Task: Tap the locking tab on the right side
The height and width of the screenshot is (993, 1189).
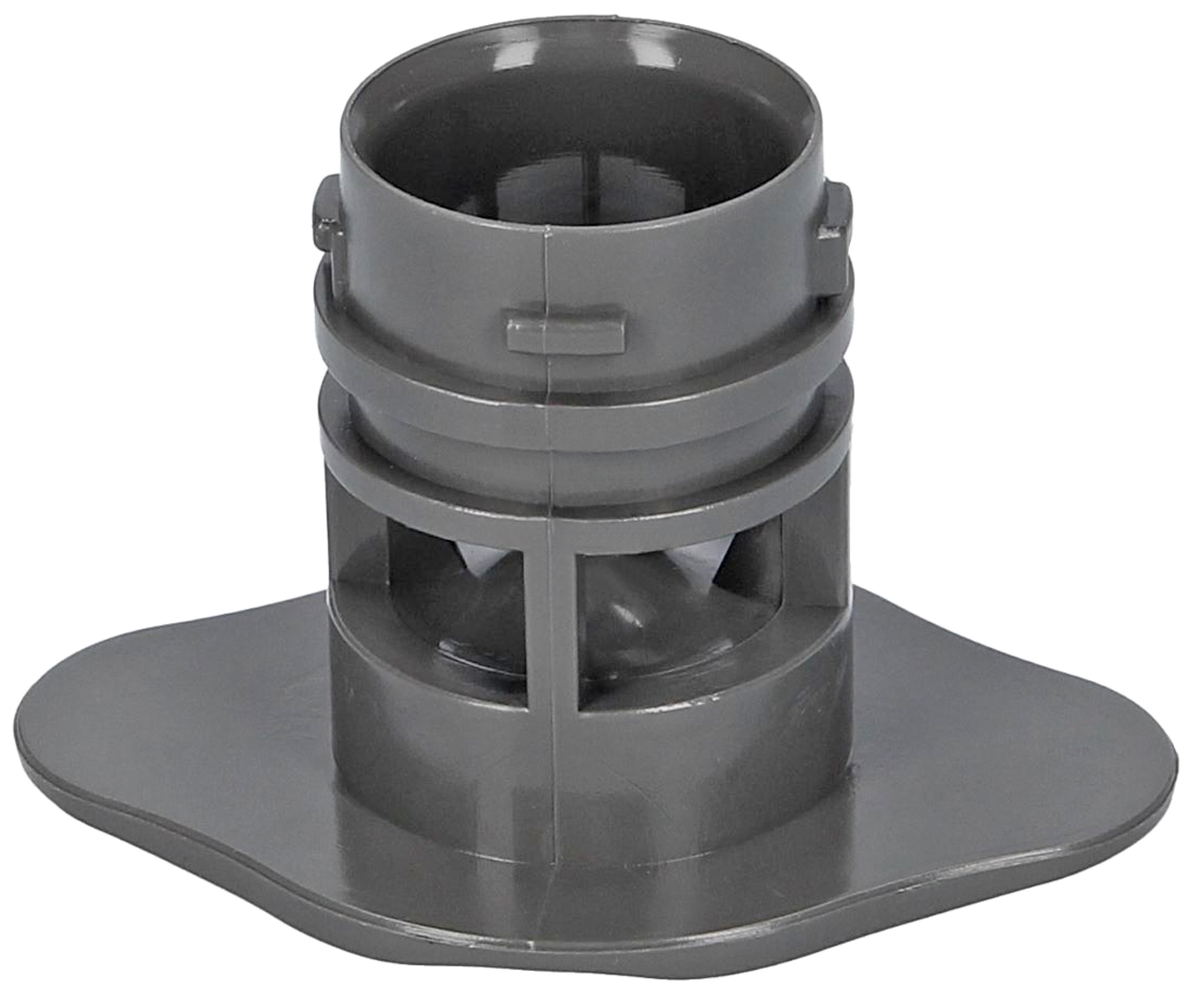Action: tap(835, 216)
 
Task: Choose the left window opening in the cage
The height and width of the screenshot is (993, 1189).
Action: tap(455, 594)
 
